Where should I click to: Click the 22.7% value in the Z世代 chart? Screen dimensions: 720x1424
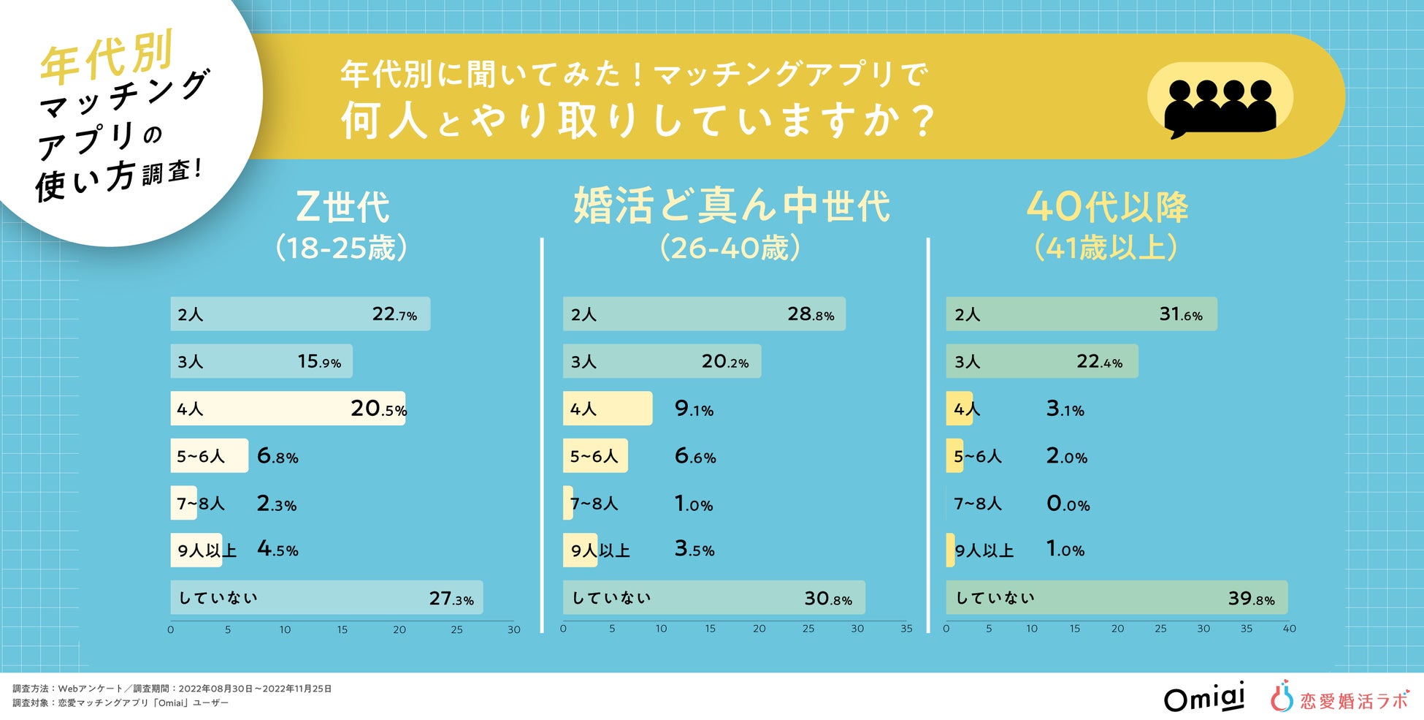[394, 314]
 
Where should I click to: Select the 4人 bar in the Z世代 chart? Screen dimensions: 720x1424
[287, 409]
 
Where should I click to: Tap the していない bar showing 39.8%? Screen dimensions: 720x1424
[1116, 598]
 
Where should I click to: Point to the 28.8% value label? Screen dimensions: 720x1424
[811, 314]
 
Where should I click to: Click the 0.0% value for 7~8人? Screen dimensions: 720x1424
[1068, 504]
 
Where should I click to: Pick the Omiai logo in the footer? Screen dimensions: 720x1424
[1203, 697]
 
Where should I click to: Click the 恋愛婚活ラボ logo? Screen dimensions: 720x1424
[1339, 697]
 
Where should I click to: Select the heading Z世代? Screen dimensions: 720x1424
[342, 207]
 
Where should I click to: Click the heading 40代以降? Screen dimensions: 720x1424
[1107, 207]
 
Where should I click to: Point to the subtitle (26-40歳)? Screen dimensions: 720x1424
[730, 248]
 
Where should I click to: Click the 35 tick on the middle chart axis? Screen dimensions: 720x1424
[906, 629]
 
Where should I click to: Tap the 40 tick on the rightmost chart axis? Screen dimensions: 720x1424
[1289, 629]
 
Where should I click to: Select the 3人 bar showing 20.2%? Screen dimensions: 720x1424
[661, 361]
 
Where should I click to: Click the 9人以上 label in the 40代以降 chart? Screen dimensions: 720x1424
[984, 550]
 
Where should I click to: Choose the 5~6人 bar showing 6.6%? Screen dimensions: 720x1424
[594, 456]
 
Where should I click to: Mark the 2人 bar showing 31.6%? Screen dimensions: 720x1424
[1081, 314]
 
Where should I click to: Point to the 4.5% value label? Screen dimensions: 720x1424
[277, 550]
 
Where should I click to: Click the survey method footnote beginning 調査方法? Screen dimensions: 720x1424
[172, 689]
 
